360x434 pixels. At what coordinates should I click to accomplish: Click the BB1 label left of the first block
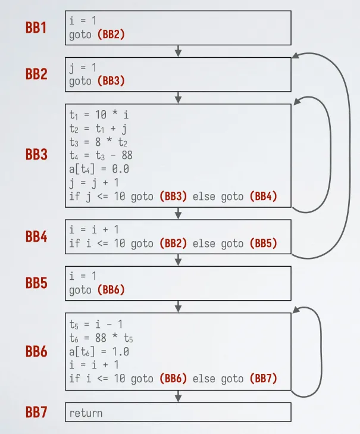coord(36,27)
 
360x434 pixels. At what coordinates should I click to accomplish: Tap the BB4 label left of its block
coord(36,237)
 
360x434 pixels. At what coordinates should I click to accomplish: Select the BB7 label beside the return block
coord(36,412)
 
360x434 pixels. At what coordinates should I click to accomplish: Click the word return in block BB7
coord(86,413)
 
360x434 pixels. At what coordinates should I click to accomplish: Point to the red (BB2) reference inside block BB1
coord(111,35)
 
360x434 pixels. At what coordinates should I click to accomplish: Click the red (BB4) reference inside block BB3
coord(263,196)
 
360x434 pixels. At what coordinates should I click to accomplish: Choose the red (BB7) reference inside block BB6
coord(263,379)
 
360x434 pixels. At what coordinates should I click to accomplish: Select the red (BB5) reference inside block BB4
coord(263,243)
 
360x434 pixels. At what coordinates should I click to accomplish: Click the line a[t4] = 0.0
coord(99,169)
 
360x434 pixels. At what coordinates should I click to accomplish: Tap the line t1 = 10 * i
coord(99,114)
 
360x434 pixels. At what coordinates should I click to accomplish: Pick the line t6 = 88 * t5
coord(101,338)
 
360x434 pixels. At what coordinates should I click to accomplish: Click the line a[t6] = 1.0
coord(99,352)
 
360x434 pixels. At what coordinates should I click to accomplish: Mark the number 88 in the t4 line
coord(127,155)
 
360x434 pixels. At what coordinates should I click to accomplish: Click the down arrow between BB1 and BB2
coord(178,51)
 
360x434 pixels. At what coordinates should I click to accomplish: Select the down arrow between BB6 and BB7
coord(178,396)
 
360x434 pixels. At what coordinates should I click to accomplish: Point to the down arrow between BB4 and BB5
coord(178,260)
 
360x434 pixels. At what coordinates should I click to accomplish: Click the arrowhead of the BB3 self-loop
coord(297,101)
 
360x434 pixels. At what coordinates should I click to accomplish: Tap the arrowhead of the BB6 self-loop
coord(296,310)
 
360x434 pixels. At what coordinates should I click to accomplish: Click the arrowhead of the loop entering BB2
coord(296,55)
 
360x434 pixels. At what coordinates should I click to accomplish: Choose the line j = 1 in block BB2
coord(83,68)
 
